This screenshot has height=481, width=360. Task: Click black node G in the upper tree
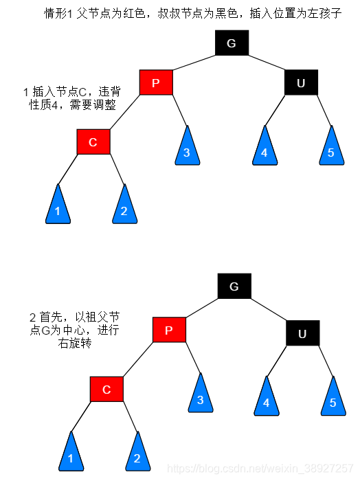click(x=231, y=43)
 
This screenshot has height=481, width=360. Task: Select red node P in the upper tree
click(x=155, y=83)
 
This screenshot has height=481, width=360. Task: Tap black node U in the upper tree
click(x=300, y=83)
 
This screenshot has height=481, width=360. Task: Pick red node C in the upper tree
click(x=93, y=142)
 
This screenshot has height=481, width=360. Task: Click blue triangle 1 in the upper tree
click(x=58, y=208)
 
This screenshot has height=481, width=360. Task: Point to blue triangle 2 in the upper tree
click(x=124, y=208)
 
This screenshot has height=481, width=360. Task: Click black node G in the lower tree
click(x=234, y=286)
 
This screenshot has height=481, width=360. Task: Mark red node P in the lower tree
click(x=169, y=331)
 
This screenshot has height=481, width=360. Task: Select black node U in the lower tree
click(x=303, y=334)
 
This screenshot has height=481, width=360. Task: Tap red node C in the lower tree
click(x=106, y=390)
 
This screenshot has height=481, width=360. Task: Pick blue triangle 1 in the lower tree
click(x=71, y=455)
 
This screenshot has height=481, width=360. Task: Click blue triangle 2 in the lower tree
click(x=137, y=455)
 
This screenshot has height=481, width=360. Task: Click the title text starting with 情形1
click(x=192, y=13)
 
